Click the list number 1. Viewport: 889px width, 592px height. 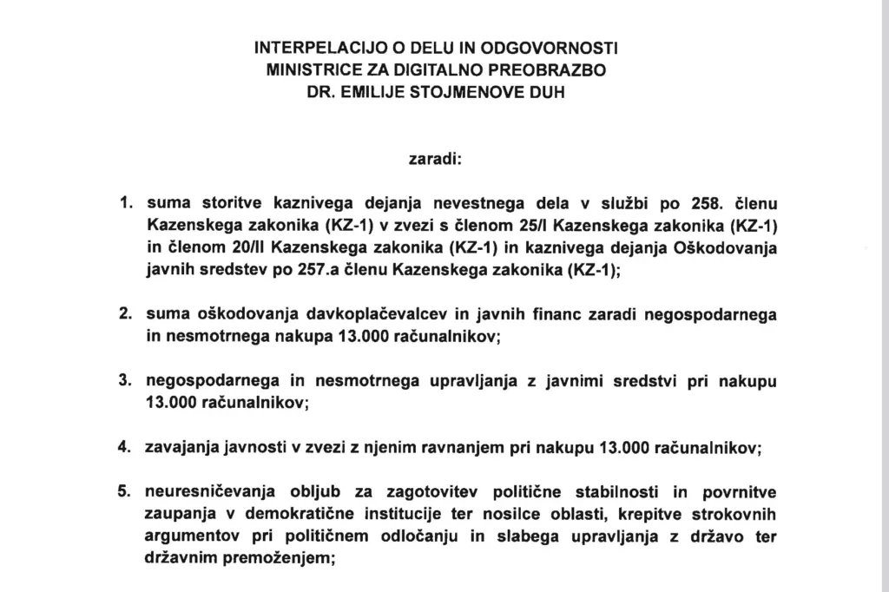coord(123,205)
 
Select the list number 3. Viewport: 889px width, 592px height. coord(123,381)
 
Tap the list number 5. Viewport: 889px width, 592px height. coord(123,492)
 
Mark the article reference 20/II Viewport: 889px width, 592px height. coord(242,248)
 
